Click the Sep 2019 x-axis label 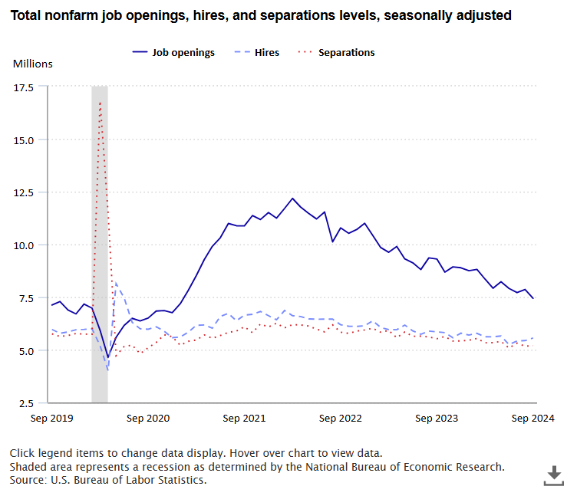pyautogui.click(x=51, y=419)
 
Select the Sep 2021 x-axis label pyautogui.click(x=244, y=419)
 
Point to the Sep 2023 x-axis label pyautogui.click(x=437, y=419)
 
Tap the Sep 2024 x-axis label pyautogui.click(x=533, y=419)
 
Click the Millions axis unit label pyautogui.click(x=32, y=64)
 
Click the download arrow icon pyautogui.click(x=553, y=475)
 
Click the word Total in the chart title pyautogui.click(x=27, y=15)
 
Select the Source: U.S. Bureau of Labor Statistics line pyautogui.click(x=108, y=480)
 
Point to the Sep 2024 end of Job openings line pyautogui.click(x=533, y=298)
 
